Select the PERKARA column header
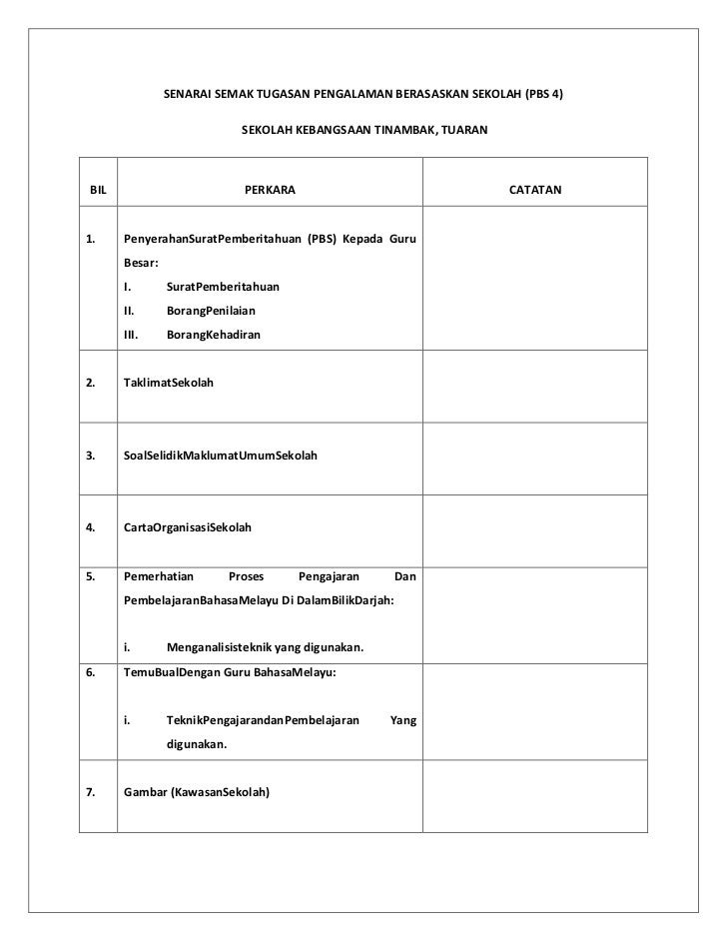pos(271,188)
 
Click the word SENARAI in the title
pos(187,97)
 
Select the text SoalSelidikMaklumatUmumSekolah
pos(220,456)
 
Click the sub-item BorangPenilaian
pos(211,312)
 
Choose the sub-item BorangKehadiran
pos(213,336)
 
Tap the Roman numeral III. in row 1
pos(130,336)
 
